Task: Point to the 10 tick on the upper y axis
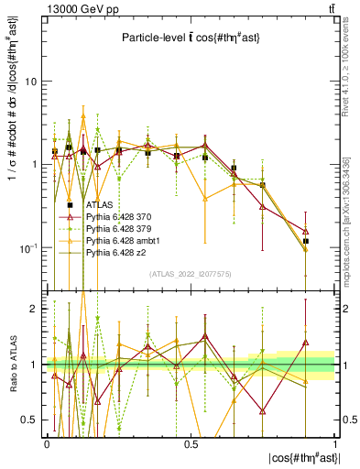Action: [x=30, y=82]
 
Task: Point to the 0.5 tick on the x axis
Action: [x=190, y=442]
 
